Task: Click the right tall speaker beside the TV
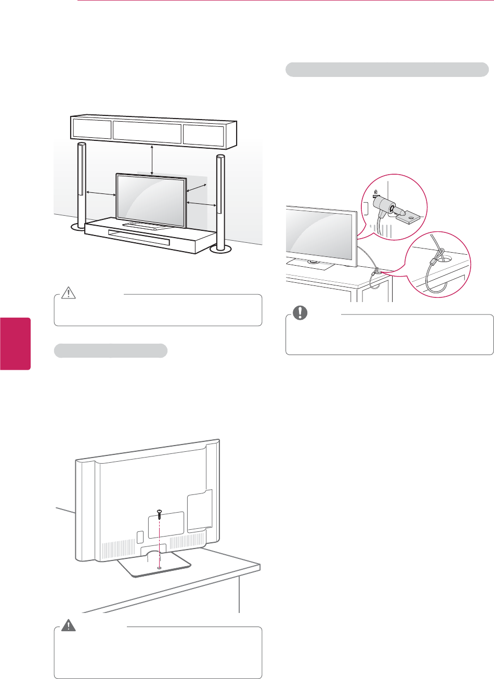pos(220,198)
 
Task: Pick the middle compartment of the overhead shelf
pos(147,132)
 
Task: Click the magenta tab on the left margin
pos(15,344)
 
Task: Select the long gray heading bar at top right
pos(387,69)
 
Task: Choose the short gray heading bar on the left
pos(111,351)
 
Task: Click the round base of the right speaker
pos(220,251)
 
